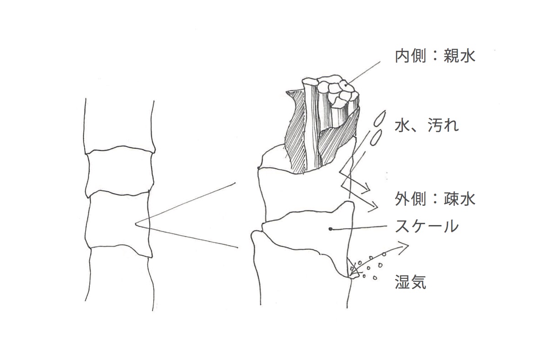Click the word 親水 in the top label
coord(460,56)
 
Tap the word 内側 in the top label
coord(411,56)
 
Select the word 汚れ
coord(443,125)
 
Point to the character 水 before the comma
coord(402,125)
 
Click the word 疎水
coord(460,199)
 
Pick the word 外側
coord(411,199)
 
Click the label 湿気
coord(411,282)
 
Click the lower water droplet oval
coord(376,137)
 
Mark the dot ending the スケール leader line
coord(331,229)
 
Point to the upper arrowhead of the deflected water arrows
coord(366,187)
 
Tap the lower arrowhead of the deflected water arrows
coord(374,207)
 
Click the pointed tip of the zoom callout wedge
coord(136,224)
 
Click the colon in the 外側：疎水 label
coord(435,199)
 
